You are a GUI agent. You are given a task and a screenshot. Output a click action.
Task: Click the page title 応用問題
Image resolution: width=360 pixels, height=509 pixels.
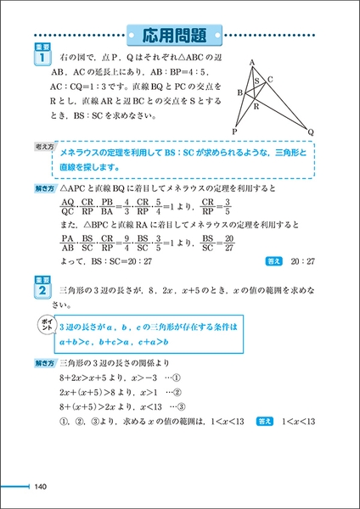tap(179, 36)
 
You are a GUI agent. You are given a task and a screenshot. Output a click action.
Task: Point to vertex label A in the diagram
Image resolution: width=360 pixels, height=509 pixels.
tap(251, 62)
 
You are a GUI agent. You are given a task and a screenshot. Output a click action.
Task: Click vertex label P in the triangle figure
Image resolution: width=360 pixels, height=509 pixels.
tap(235, 132)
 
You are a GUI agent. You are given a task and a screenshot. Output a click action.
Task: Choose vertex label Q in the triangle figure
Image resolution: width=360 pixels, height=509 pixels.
tap(312, 132)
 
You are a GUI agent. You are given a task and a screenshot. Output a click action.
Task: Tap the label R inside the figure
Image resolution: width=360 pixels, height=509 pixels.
tap(256, 109)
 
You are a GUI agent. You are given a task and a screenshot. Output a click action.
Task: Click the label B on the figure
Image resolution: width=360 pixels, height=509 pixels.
tap(239, 92)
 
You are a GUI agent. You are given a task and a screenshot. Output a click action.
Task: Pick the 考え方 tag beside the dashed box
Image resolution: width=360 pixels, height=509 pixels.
tap(39, 148)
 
